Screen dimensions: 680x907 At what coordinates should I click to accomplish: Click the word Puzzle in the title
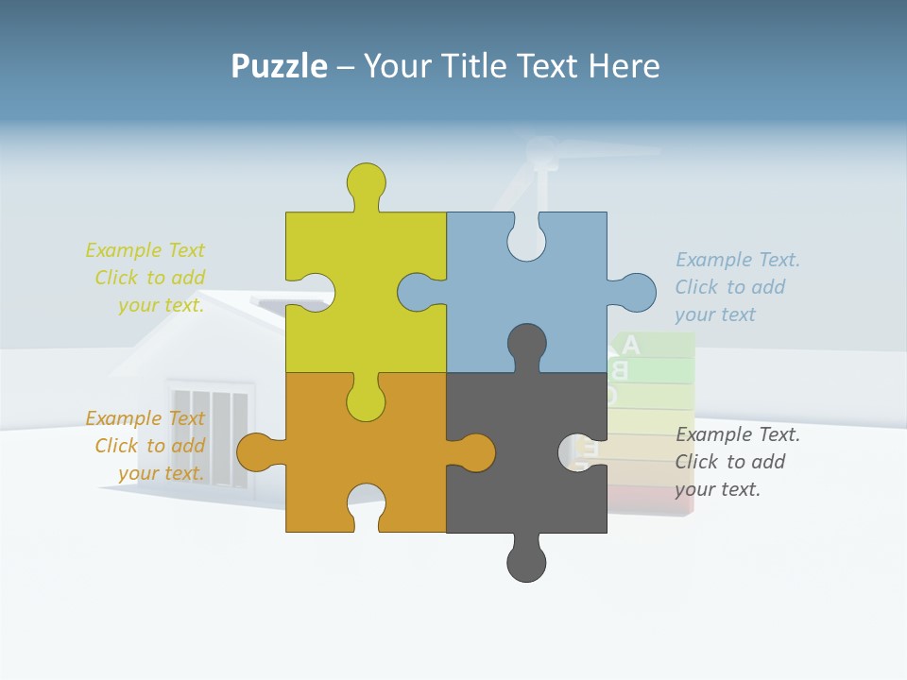279,66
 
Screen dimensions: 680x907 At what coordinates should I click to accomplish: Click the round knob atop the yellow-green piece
366,181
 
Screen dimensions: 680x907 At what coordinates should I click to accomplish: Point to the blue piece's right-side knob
634,293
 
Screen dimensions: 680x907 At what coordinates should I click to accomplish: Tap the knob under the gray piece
526,562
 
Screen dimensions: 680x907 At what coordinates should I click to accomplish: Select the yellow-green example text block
146,278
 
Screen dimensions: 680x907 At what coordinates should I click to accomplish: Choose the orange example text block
146,446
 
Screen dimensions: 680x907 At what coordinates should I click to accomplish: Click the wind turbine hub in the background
541,152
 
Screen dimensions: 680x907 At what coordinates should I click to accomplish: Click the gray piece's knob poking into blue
526,343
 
